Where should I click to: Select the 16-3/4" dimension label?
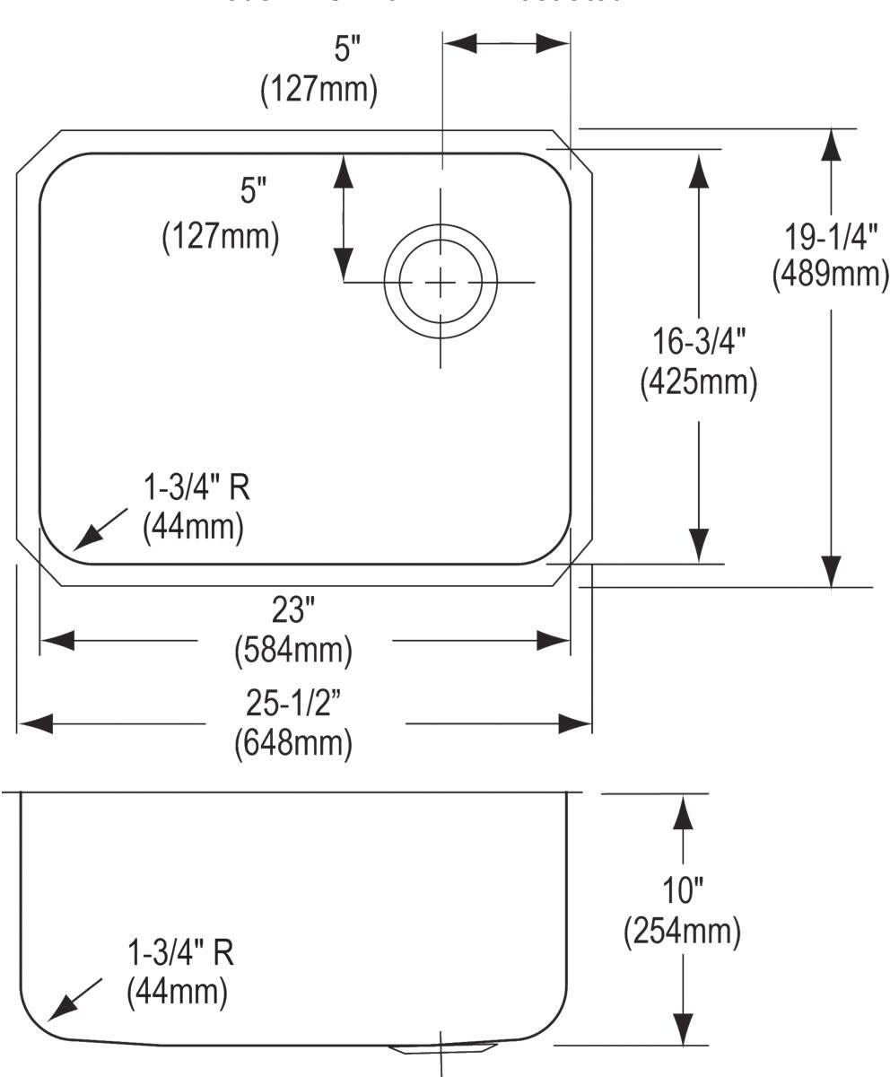[x=699, y=343]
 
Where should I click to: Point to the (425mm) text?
[x=699, y=382]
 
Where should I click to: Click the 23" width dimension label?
[x=292, y=612]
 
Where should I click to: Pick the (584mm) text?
[x=292, y=650]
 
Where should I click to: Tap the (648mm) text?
[x=292, y=743]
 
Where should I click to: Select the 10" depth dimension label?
[x=684, y=891]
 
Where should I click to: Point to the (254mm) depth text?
[x=683, y=931]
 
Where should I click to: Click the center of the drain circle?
[x=441, y=283]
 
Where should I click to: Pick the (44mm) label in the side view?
[x=177, y=992]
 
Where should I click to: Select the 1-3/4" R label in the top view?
[x=197, y=489]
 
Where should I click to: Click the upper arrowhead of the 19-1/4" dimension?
[x=833, y=144]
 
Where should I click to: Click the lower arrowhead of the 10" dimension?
[x=684, y=1028]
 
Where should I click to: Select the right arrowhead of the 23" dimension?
[x=553, y=641]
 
